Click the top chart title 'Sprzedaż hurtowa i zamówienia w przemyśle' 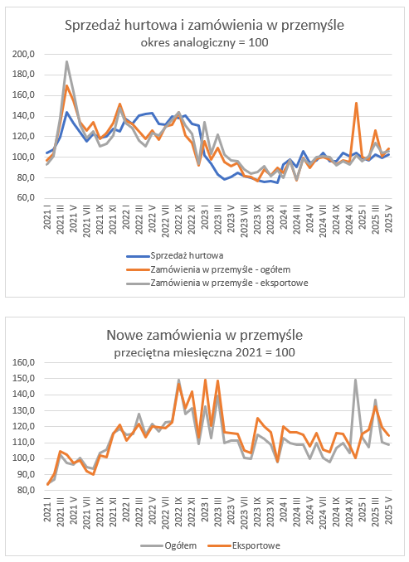pos(204,26)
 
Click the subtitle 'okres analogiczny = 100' pos(204,42)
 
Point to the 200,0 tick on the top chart pos(23,54)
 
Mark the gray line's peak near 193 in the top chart pos(66,62)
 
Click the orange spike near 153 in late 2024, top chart pos(356,104)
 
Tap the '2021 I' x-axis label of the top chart pos(47,217)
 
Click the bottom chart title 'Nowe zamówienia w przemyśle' pos(204,335)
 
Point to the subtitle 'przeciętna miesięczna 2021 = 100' pos(204,352)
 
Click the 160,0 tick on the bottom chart pos(23,362)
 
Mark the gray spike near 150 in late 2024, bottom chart pos(356,380)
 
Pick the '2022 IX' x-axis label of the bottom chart pos(178,511)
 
